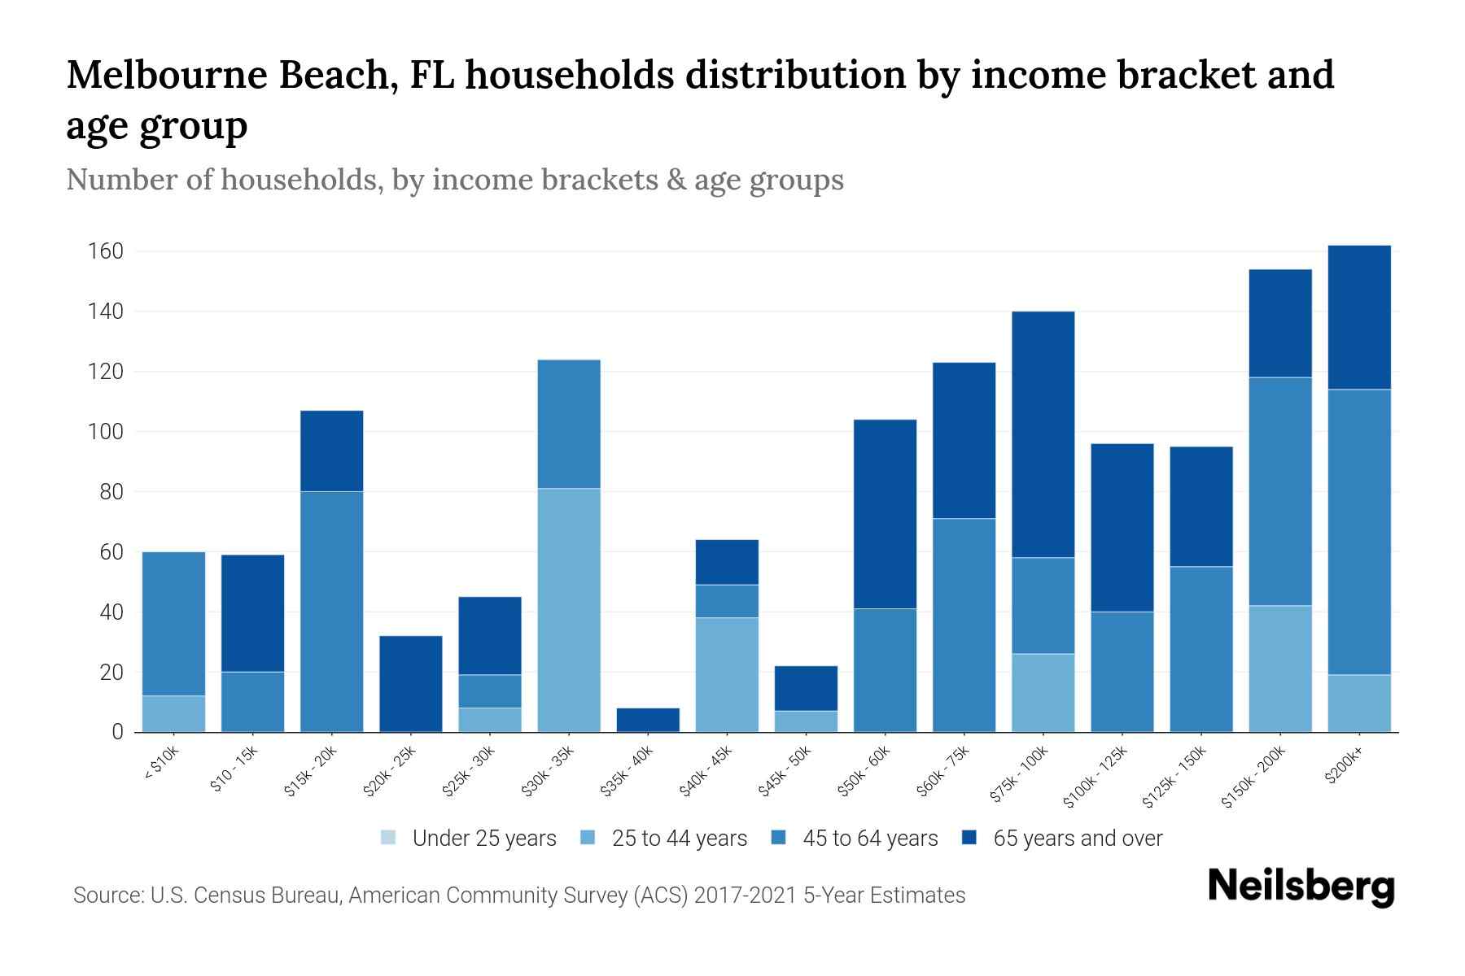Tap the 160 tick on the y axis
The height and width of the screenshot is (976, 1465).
pos(105,251)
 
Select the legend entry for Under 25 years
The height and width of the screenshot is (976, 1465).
pos(483,839)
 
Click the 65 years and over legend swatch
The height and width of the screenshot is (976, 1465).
pos(969,838)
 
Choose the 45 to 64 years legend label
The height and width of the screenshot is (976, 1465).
pos(870,839)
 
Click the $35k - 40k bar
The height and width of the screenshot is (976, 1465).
pos(648,720)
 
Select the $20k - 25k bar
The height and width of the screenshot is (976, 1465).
pos(411,683)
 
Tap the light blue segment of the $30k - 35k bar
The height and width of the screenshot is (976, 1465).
pos(569,610)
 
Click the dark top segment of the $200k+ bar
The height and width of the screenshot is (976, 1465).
pos(1359,317)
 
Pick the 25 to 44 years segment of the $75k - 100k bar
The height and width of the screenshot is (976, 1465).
pos(1043,692)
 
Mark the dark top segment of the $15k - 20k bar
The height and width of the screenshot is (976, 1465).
pos(332,451)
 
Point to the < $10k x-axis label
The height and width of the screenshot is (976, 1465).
pos(161,765)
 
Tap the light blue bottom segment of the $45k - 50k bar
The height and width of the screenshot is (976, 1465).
pos(806,721)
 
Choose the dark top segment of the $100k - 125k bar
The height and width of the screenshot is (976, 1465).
pos(1122,527)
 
